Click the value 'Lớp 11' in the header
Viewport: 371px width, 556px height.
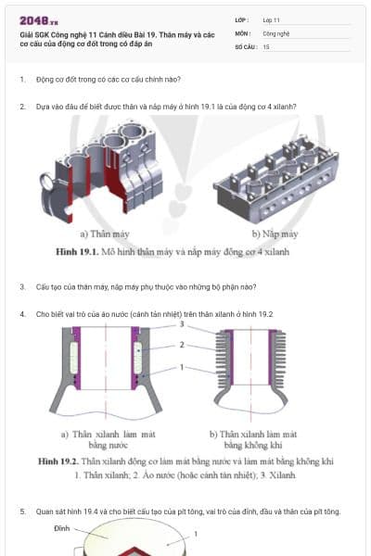tap(272, 19)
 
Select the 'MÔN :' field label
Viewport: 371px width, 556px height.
tap(244, 32)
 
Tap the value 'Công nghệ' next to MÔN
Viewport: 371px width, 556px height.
tap(277, 32)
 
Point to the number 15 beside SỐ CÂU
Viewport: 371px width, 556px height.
tap(266, 45)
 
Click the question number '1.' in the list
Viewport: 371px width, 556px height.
tap(22, 80)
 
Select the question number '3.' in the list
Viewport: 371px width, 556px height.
tap(22, 286)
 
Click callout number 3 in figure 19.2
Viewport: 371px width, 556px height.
tap(183, 325)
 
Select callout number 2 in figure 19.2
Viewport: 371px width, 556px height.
tap(183, 345)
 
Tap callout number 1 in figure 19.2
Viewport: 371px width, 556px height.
tap(183, 368)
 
